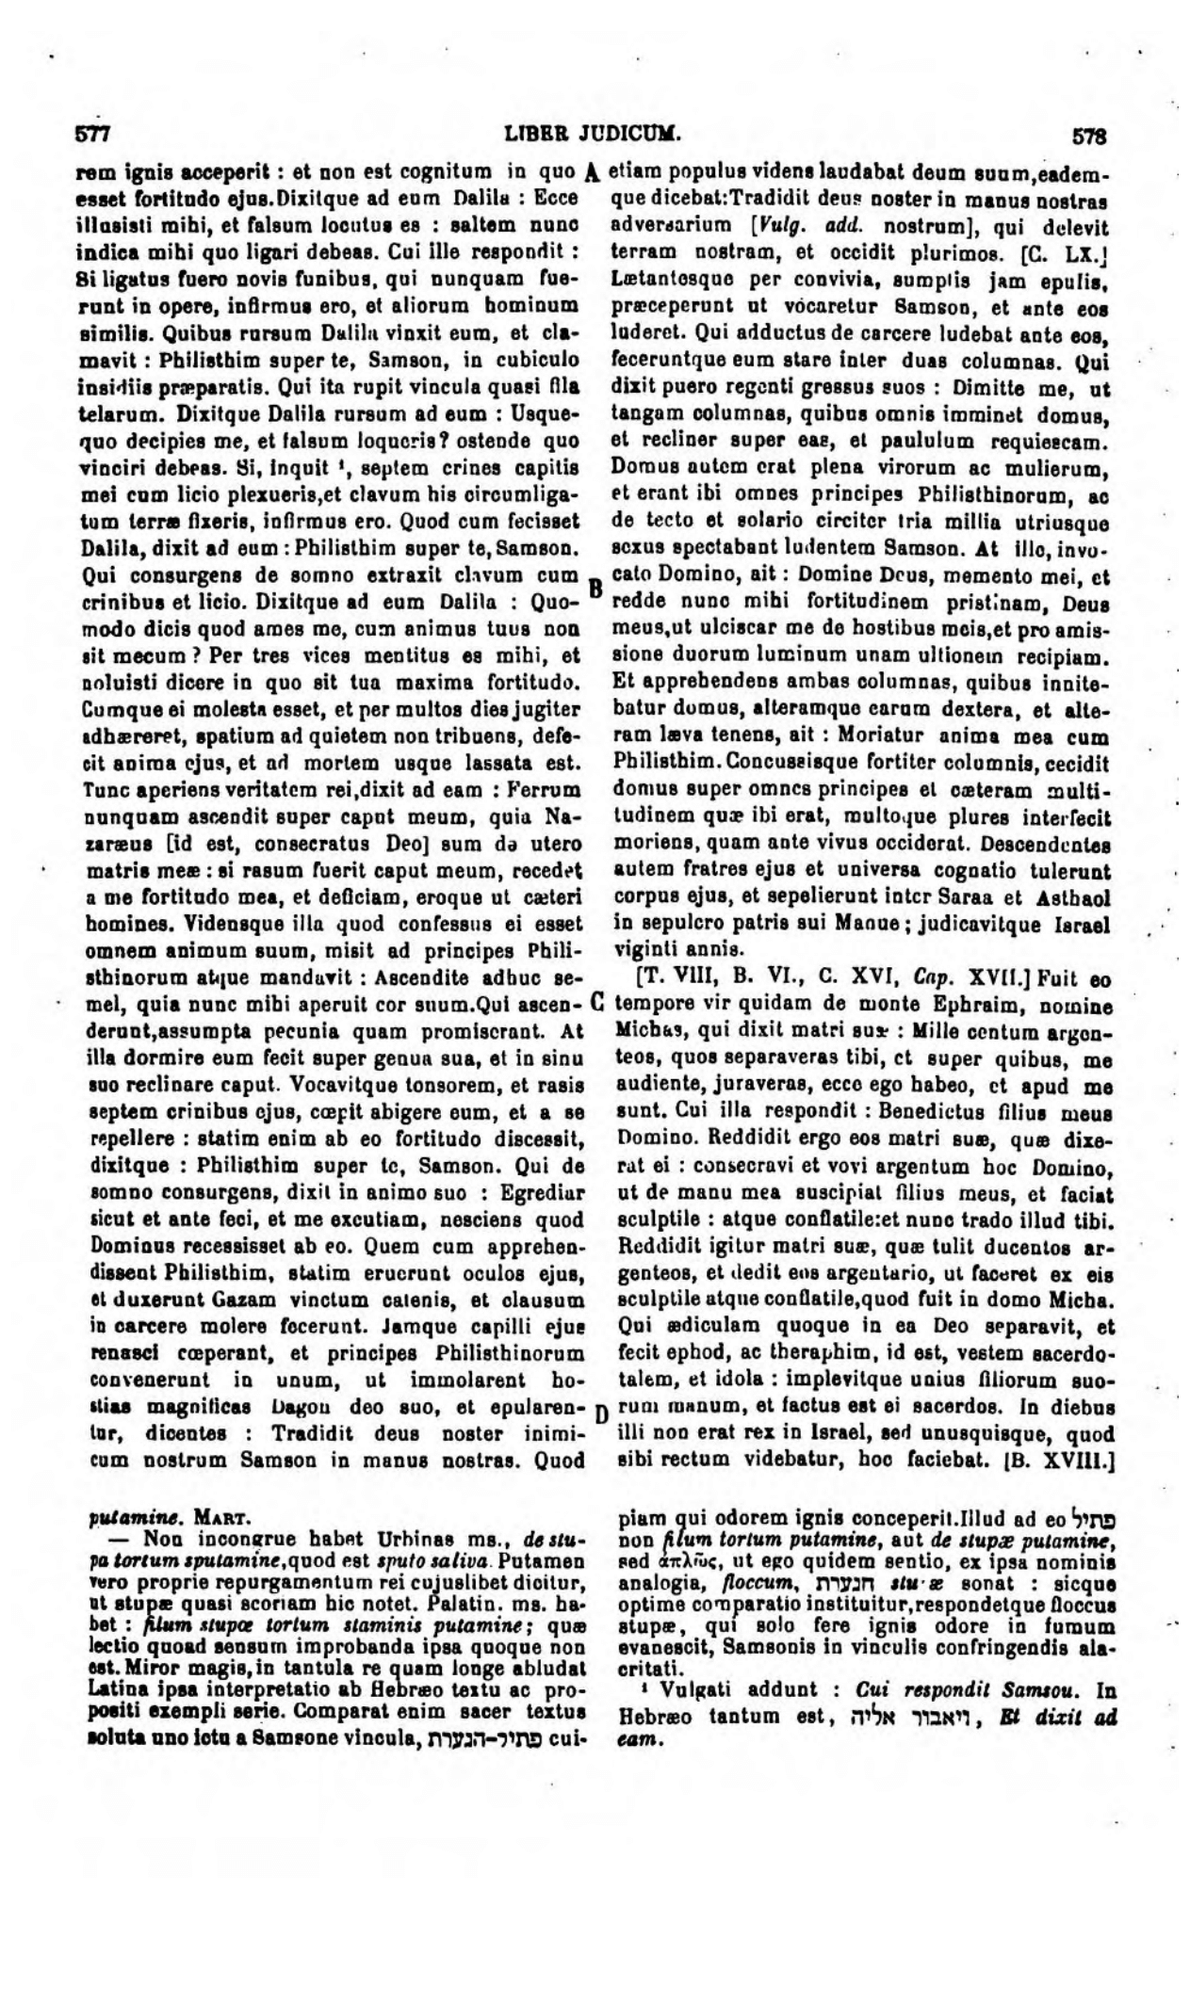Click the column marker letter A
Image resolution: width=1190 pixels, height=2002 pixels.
593,172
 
